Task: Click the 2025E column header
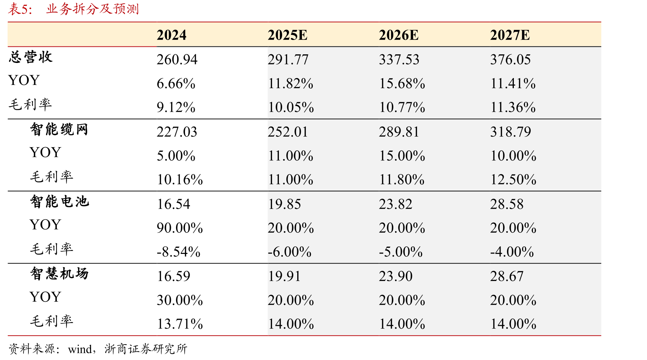[x=288, y=35]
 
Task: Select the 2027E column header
[x=510, y=35]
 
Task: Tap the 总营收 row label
[x=31, y=57]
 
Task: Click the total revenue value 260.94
[x=177, y=60]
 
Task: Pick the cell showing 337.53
[x=399, y=60]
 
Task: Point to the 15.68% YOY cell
[x=402, y=84]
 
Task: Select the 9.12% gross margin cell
[x=176, y=108]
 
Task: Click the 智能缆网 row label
[x=59, y=129]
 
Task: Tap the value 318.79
[x=510, y=132]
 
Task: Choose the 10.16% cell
[x=180, y=180]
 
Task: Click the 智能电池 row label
[x=59, y=202]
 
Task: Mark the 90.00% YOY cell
[x=180, y=228]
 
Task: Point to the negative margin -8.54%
[x=178, y=252]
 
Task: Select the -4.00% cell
[x=512, y=252]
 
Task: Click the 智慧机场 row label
[x=59, y=274]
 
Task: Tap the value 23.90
[x=395, y=276]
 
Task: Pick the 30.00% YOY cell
[x=180, y=300]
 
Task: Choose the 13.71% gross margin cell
[x=180, y=324]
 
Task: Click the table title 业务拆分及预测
[x=92, y=9]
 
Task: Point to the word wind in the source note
[x=80, y=349]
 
